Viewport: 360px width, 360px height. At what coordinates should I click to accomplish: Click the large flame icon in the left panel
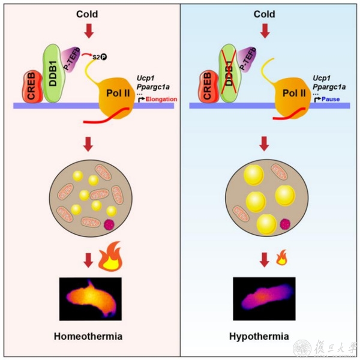(x=110, y=260)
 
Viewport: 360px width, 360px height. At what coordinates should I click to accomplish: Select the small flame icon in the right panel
(x=280, y=260)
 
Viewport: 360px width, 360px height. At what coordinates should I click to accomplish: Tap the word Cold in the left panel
(x=89, y=13)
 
